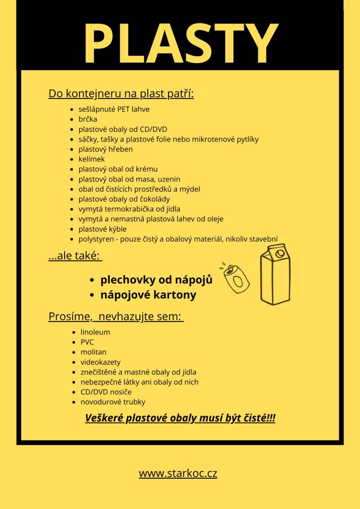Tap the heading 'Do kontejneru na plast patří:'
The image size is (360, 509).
coord(121,93)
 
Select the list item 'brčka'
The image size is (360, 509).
coord(88,119)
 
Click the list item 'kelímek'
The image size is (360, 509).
coord(91,159)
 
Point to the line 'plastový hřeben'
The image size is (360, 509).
coord(105,149)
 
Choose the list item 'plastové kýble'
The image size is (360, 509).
coord(102,229)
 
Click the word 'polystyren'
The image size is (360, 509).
coord(95,239)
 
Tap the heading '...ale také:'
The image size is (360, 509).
coord(75,256)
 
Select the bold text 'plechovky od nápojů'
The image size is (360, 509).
coord(156,279)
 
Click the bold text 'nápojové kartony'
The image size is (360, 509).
coord(148,295)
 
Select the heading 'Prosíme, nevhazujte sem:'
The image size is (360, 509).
coord(116,316)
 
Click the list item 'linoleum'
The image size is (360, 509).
coord(95,332)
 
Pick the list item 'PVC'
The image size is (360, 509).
coord(87,342)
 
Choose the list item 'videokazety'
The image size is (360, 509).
coord(100,362)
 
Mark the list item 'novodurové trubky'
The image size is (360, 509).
coord(113,402)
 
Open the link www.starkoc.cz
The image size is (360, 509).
coord(178,473)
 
